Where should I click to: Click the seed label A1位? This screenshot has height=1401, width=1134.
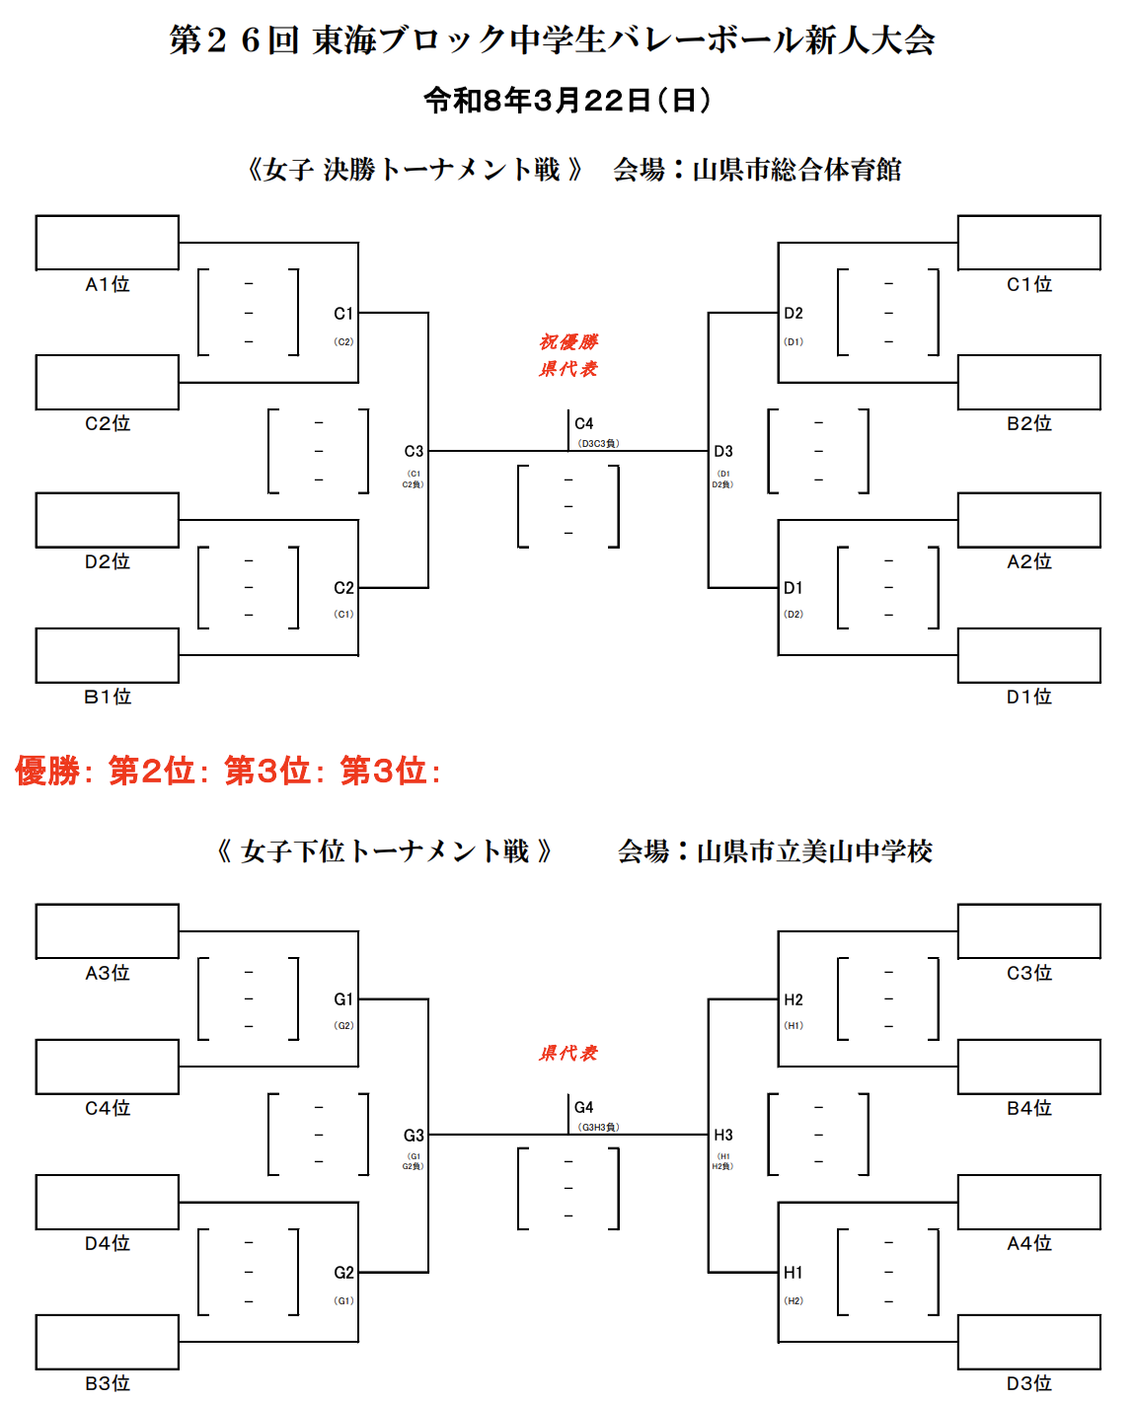click(x=108, y=284)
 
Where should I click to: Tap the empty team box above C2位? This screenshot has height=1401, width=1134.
click(x=108, y=382)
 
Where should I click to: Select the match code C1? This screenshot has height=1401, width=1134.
click(x=342, y=314)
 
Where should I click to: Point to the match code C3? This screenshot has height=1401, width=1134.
click(x=414, y=451)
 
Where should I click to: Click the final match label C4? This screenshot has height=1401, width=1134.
click(x=584, y=423)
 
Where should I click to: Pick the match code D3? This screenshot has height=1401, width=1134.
click(x=723, y=451)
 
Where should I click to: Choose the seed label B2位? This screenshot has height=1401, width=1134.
click(x=1029, y=423)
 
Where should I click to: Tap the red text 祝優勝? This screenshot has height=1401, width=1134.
click(x=568, y=342)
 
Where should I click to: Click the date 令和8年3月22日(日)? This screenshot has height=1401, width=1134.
click(x=567, y=100)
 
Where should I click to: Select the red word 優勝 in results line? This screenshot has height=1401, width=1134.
click(x=46, y=771)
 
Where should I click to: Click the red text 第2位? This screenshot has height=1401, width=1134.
click(x=151, y=771)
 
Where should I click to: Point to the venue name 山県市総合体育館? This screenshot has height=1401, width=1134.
click(x=796, y=170)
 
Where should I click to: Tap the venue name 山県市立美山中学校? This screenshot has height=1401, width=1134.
click(x=814, y=851)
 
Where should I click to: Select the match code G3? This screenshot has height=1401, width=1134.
click(x=414, y=1136)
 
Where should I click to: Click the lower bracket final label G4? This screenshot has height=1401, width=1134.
click(x=584, y=1107)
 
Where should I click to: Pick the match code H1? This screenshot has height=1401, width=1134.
click(x=794, y=1273)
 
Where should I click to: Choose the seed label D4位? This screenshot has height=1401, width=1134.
click(x=108, y=1243)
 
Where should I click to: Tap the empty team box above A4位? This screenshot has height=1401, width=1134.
click(x=1029, y=1202)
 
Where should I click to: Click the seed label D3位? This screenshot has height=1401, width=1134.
click(x=1029, y=1383)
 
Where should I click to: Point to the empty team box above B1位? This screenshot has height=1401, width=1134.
click(x=108, y=655)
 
